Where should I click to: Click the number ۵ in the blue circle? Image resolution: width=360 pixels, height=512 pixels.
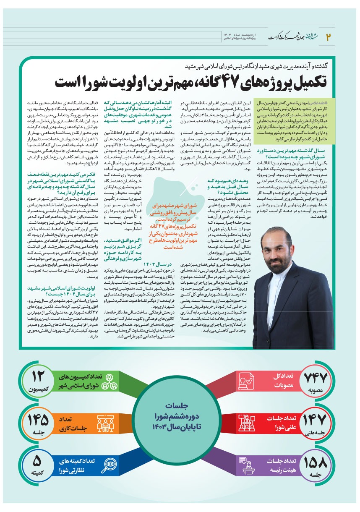pyautogui.click(x=37, y=461)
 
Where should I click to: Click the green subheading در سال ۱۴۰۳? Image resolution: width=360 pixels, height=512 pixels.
pyautogui.click(x=157, y=264)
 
